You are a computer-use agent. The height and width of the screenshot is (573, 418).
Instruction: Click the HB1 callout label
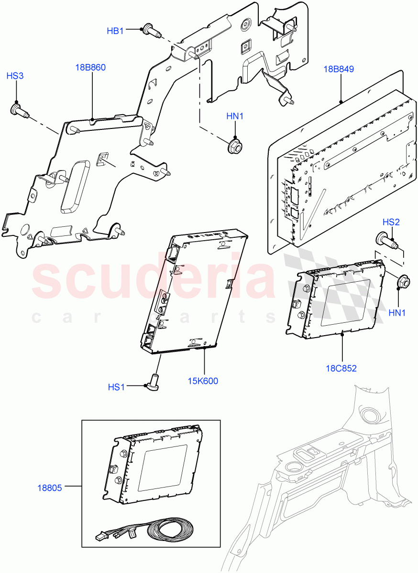pos(115,31)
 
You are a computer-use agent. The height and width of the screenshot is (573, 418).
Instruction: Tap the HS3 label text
pos(15,76)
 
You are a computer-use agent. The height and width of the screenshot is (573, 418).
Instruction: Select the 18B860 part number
pos(90,67)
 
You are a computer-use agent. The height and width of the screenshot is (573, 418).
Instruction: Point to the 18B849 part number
pos(339,69)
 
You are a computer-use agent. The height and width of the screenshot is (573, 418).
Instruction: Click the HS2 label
pos(391,222)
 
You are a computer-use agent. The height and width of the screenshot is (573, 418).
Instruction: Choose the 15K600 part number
pos(203,381)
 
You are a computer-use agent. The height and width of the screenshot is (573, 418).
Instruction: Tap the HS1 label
pos(116,387)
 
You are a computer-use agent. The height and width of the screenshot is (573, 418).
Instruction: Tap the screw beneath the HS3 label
pos(19,111)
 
